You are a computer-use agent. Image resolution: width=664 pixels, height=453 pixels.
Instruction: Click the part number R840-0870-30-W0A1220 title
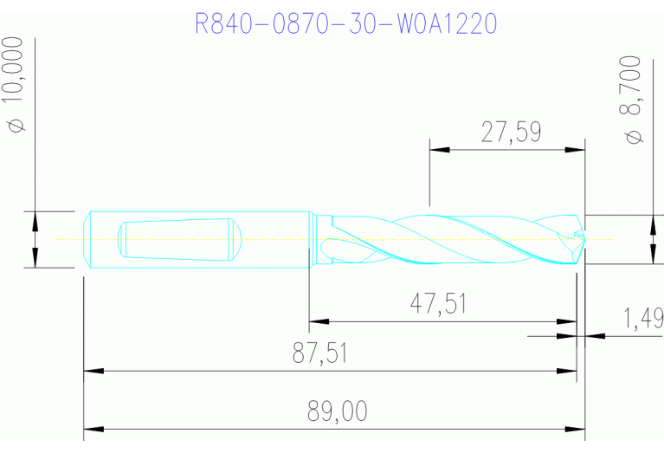pyautogui.click(x=346, y=23)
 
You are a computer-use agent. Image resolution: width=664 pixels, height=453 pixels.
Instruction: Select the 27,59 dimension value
pyautogui.click(x=511, y=133)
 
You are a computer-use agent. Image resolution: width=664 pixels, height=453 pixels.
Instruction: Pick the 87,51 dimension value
pyautogui.click(x=328, y=353)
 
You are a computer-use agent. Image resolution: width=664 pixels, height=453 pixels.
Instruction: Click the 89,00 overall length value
pyautogui.click(x=337, y=411)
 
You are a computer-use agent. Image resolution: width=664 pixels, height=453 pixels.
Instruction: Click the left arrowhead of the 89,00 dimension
pyautogui.click(x=93, y=429)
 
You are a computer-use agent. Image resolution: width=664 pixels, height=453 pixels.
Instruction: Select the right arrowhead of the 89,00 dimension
pyautogui.click(x=576, y=429)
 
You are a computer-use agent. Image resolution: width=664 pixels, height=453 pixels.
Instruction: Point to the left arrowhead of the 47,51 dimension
pyautogui.click(x=319, y=321)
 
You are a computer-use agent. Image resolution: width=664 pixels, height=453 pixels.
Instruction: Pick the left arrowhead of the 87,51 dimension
pyautogui.click(x=93, y=372)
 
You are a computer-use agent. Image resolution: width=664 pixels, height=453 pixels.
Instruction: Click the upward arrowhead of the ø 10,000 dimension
pyautogui.click(x=35, y=221)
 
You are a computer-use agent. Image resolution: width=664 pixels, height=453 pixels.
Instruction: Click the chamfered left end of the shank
pyautogui.click(x=91, y=240)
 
